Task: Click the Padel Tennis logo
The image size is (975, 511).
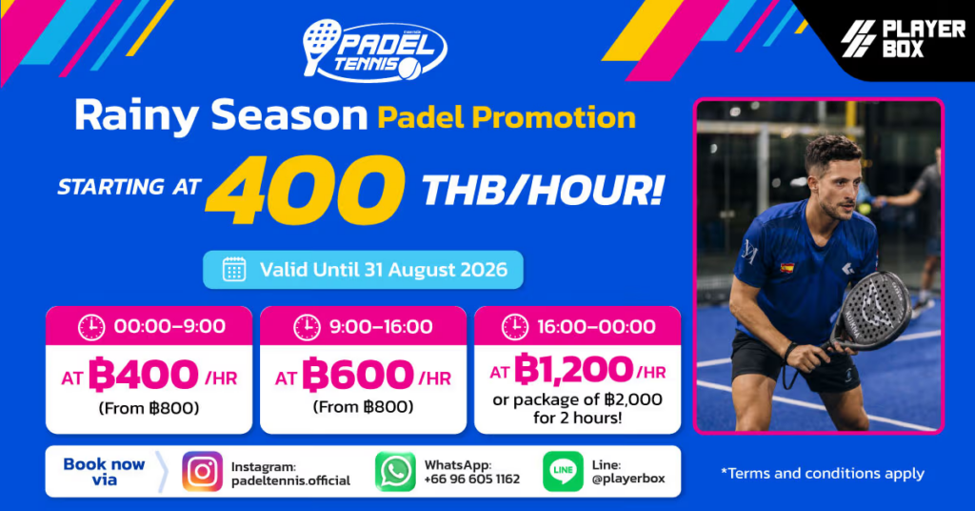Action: click(374, 51)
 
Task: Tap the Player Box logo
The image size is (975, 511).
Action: click(903, 38)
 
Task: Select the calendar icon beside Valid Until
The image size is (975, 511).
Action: click(234, 270)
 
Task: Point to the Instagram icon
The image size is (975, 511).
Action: click(202, 472)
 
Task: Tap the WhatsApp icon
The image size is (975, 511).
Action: click(395, 472)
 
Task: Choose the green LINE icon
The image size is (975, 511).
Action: click(563, 471)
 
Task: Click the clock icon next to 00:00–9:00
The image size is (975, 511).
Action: click(91, 327)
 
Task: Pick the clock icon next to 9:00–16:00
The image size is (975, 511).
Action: click(307, 327)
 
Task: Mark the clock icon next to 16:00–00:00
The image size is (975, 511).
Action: click(515, 327)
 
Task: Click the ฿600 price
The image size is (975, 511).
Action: click(358, 375)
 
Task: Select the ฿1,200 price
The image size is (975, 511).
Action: click(573, 370)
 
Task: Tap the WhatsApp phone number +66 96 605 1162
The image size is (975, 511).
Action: click(472, 480)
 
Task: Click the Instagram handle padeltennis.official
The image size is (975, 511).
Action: click(290, 480)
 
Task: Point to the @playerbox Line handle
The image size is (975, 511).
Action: click(628, 479)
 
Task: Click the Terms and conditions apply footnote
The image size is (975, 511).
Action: click(822, 474)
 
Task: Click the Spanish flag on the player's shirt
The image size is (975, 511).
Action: click(787, 268)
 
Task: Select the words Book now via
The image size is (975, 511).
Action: click(104, 472)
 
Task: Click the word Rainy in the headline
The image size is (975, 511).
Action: click(136, 115)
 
